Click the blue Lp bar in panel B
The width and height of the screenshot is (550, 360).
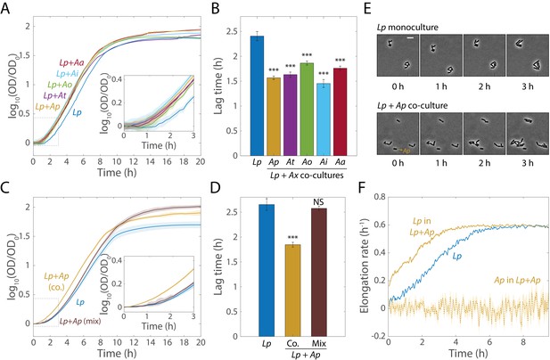[257, 95]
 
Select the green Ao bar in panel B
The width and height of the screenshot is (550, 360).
[308, 110]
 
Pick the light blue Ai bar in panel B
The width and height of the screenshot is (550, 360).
[324, 119]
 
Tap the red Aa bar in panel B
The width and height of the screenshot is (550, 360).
[341, 111]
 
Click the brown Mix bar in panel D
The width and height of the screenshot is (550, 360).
[319, 273]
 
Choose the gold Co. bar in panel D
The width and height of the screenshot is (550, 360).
[293, 290]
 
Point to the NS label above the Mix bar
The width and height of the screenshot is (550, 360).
[319, 202]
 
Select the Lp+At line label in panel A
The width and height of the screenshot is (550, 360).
[54, 95]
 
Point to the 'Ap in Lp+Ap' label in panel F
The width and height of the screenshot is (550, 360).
[517, 280]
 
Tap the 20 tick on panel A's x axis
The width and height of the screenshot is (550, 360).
[200, 161]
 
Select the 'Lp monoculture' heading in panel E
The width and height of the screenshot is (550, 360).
[407, 27]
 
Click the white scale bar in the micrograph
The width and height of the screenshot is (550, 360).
[410, 37]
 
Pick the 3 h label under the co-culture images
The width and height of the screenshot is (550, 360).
[528, 162]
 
